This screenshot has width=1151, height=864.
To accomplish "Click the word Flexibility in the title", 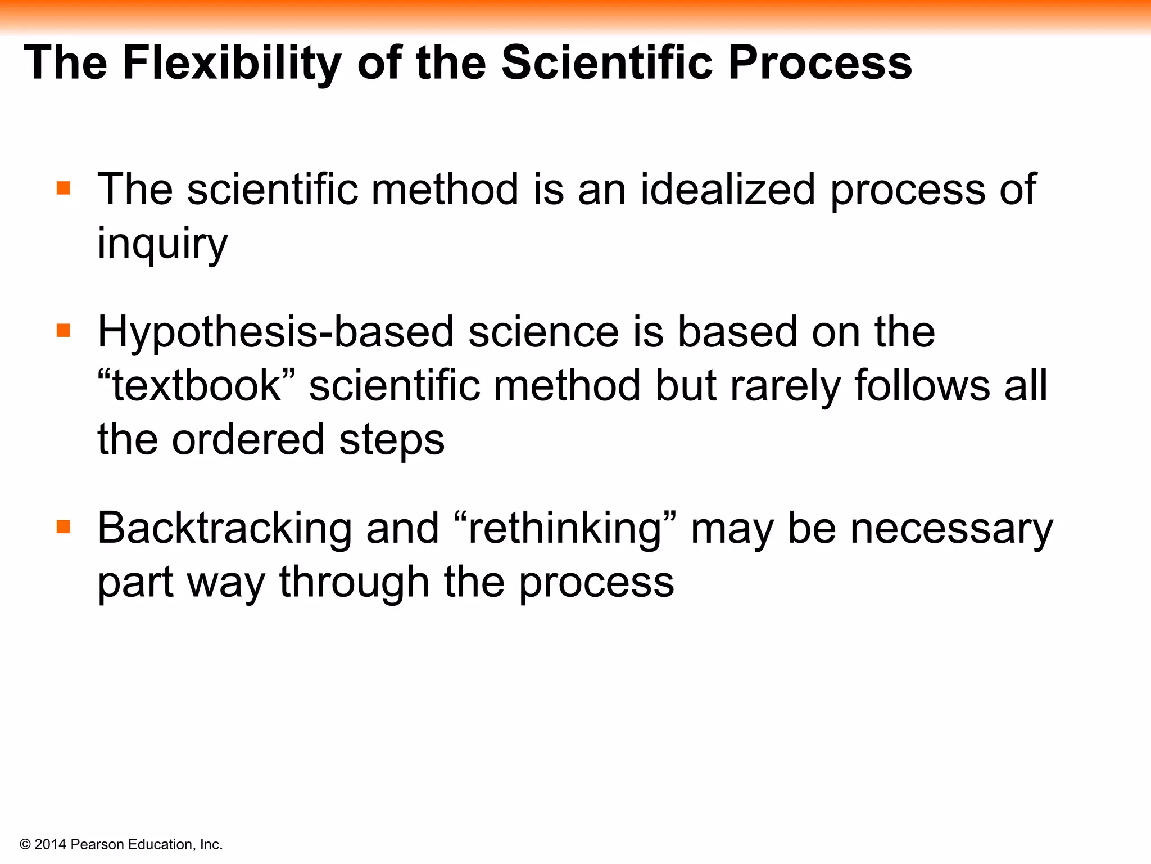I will (x=232, y=63).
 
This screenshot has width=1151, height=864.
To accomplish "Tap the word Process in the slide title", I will (x=820, y=63).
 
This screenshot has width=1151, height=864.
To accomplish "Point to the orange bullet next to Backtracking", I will (x=64, y=527).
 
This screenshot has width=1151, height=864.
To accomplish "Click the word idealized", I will (x=727, y=189).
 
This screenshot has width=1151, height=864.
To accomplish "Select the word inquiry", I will (x=162, y=244).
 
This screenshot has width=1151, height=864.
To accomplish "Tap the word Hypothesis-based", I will (x=275, y=332).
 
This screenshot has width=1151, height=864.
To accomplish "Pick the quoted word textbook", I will (x=196, y=386).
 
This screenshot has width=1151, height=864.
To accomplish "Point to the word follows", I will (x=922, y=386).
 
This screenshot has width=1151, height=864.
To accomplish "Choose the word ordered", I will (x=248, y=439).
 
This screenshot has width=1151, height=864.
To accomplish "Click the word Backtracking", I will (x=224, y=529).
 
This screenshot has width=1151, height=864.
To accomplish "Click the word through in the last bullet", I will (x=354, y=583).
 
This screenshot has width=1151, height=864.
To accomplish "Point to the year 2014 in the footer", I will (x=51, y=844).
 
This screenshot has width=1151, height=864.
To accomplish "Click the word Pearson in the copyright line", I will (x=97, y=844).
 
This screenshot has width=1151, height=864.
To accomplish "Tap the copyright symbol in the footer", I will (x=25, y=844).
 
